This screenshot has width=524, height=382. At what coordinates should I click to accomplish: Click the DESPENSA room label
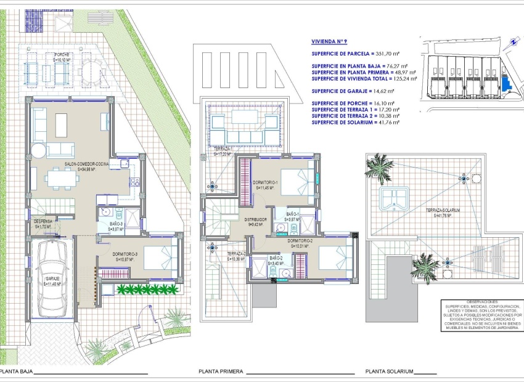(43, 223)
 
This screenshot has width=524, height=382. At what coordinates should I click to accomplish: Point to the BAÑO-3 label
(116, 226)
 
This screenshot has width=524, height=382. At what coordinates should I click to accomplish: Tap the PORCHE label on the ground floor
(61, 57)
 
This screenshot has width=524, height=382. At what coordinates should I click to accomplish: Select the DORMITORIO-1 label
(266, 184)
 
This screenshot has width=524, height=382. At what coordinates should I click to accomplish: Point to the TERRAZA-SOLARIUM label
(443, 213)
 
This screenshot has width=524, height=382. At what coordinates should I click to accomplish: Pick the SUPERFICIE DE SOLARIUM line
(355, 122)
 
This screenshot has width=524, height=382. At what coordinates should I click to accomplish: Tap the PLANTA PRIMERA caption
(221, 372)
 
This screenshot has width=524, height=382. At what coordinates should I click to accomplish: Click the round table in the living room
(39, 151)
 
